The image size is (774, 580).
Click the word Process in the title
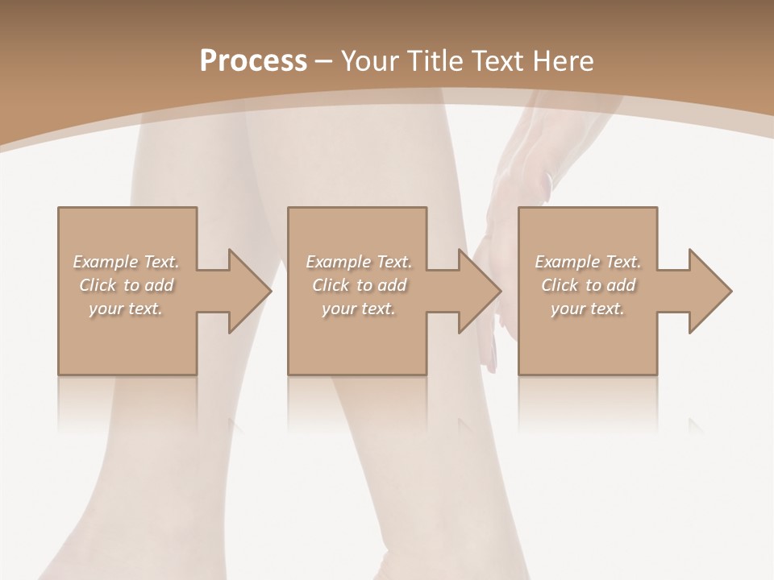(x=253, y=61)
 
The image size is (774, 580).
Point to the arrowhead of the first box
(x=249, y=291)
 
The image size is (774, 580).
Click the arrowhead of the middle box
(x=479, y=291)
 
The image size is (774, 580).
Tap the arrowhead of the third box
(x=709, y=291)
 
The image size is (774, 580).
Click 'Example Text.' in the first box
(x=126, y=262)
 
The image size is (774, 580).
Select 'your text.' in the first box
(x=126, y=308)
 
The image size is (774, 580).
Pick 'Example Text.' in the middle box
(x=359, y=262)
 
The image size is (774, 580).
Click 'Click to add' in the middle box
(x=359, y=285)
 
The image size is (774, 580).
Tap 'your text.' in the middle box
(x=359, y=308)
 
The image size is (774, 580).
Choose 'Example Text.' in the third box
(x=588, y=262)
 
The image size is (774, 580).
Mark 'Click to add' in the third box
(x=588, y=285)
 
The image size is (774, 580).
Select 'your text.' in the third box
(x=588, y=308)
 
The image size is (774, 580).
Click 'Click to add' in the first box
(x=126, y=285)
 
